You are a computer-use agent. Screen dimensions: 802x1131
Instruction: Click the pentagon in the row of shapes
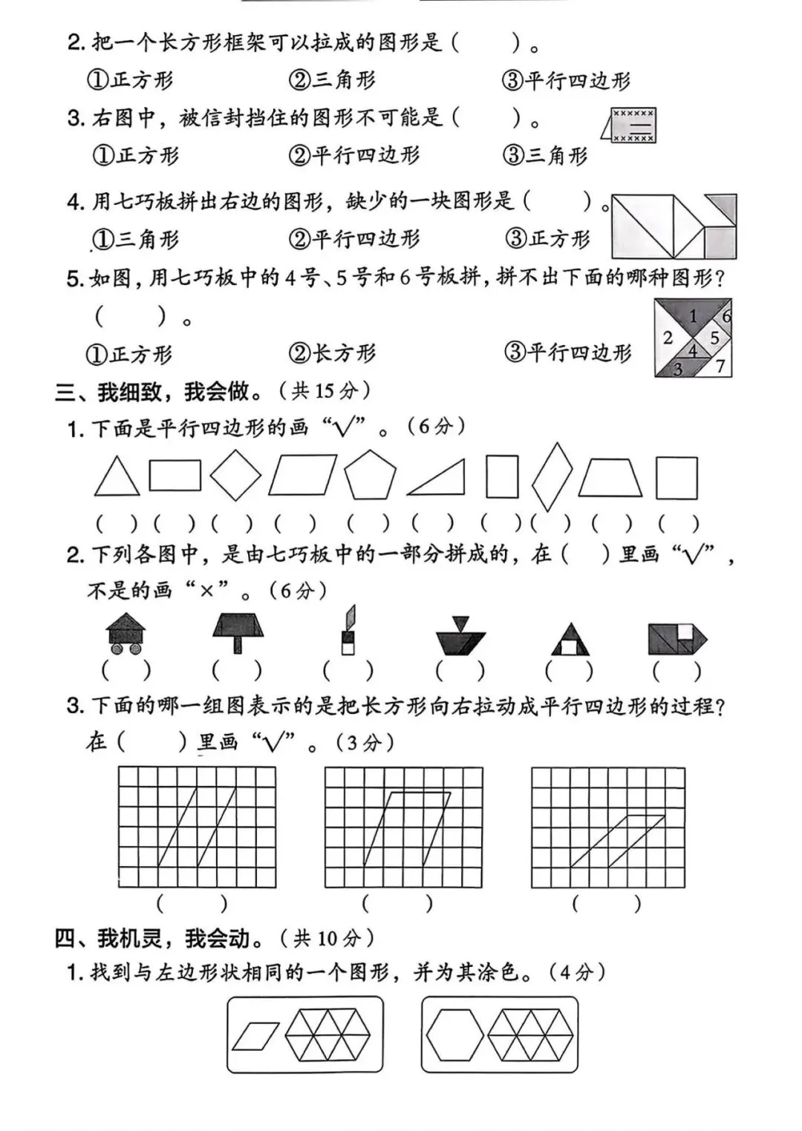[370, 475]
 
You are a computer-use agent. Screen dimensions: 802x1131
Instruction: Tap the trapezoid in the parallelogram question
[610, 478]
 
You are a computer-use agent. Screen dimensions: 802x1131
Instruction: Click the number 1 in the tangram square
[693, 316]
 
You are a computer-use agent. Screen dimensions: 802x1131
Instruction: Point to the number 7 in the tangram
[720, 366]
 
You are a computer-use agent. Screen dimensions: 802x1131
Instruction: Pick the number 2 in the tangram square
[668, 337]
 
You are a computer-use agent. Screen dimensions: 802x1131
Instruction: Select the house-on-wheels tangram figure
[125, 634]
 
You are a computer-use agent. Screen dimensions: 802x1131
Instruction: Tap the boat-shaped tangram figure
[461, 635]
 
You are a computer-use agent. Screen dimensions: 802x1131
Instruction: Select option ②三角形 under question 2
[332, 80]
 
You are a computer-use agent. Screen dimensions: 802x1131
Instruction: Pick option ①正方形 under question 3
[135, 155]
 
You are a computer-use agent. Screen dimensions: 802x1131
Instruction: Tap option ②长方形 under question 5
[332, 353]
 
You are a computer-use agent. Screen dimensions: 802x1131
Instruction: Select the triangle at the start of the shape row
[117, 476]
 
